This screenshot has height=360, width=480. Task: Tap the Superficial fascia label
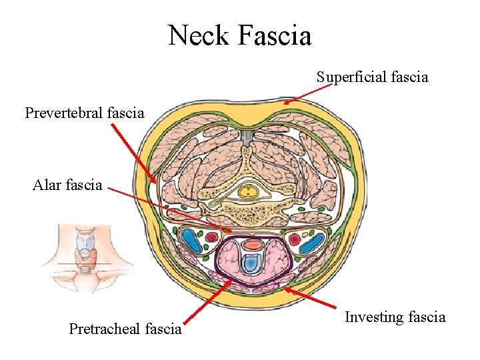[372, 77]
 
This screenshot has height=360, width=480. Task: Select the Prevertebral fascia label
[84, 113]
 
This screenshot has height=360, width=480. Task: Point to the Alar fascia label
[67, 185]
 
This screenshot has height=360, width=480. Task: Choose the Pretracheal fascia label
[125, 328]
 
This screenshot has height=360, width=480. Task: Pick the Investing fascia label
[395, 317]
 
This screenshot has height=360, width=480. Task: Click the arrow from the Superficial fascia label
[299, 95]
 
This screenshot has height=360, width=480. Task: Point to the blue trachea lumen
[249, 265]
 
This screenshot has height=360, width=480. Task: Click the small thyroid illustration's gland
[87, 250]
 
